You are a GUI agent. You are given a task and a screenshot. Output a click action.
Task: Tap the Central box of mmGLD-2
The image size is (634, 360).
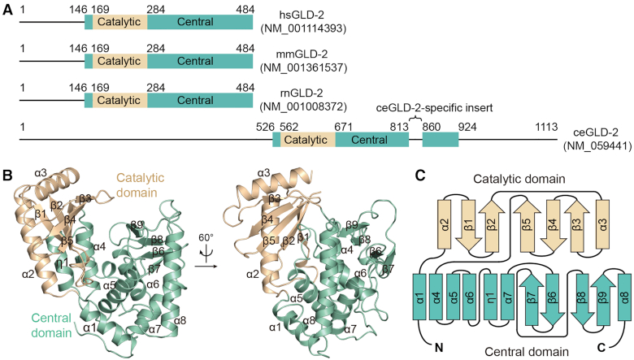point(200,61)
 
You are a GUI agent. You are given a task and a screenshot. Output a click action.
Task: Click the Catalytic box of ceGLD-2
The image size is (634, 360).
point(306,139)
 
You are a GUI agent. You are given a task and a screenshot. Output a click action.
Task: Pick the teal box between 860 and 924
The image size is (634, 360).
point(440,139)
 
